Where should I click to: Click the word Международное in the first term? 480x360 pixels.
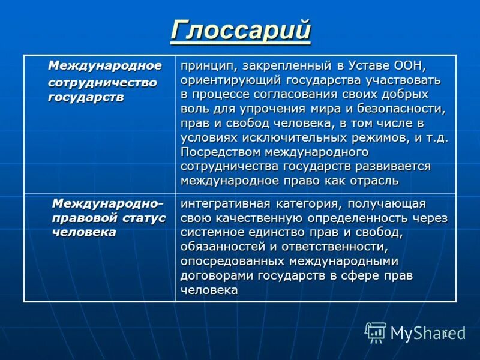tap(104, 65)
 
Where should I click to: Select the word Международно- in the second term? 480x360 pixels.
tap(107, 203)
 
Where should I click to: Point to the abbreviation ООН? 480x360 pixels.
tap(410, 65)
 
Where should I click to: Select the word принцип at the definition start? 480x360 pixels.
tap(205, 65)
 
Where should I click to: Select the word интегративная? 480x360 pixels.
tap(224, 203)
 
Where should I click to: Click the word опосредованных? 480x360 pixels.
tap(232, 261)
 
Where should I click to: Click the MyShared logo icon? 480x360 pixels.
tap(376, 332)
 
